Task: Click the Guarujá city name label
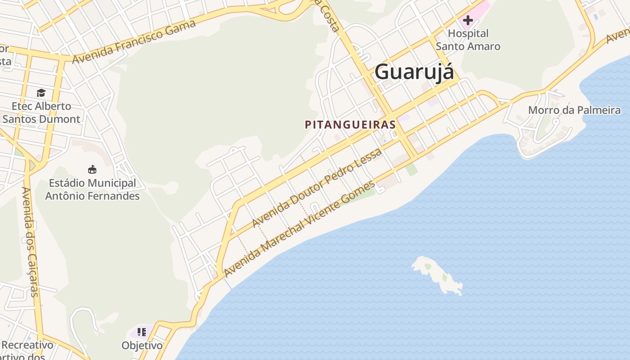coord(414,72)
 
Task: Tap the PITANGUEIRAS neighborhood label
coord(350,125)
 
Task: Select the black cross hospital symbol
coord(468,20)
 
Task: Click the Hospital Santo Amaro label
coord(468,40)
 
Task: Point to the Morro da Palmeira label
coord(574,110)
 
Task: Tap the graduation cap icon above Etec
coord(41,93)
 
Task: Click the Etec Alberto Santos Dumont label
coord(41,112)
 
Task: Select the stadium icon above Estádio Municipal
coord(92,170)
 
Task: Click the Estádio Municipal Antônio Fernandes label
coord(92,189)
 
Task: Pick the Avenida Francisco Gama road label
coord(134,41)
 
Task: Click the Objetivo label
coord(142,346)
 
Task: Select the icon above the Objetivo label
coord(142,333)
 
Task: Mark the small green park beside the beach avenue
coord(411,170)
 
